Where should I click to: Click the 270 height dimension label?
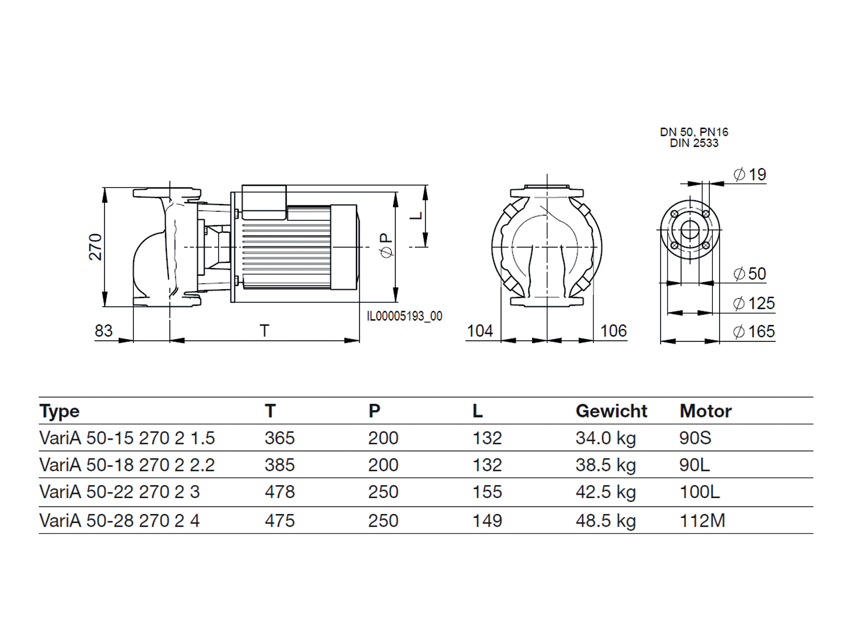95,247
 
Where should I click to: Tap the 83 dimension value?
103,331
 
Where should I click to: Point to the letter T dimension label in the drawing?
264,331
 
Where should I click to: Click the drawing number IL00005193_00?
404,316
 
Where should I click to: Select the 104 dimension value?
480,331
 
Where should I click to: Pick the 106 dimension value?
613,331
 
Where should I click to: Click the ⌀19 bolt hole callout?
750,174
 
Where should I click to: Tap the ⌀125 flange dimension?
754,303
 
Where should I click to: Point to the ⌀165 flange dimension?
754,331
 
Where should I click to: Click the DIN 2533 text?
694,143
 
